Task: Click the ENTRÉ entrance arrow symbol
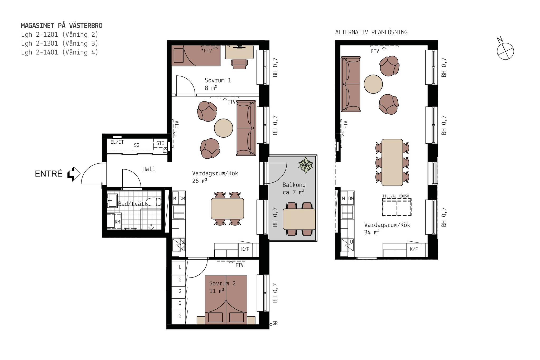click(74, 174)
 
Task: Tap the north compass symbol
click(505, 51)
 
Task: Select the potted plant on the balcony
click(306, 165)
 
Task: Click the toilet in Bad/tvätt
click(153, 202)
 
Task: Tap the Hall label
click(149, 169)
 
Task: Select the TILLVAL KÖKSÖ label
click(396, 196)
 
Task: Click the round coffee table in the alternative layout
click(373, 84)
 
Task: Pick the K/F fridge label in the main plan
click(245, 249)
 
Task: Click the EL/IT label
click(117, 142)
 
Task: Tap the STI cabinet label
click(160, 143)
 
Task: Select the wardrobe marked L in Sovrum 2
click(180, 267)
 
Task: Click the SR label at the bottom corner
click(275, 323)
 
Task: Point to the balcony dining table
click(299, 219)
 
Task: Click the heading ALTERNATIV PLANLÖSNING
click(371, 32)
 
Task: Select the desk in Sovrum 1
click(239, 52)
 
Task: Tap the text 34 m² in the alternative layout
click(372, 232)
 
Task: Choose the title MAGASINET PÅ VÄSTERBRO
click(62, 26)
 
